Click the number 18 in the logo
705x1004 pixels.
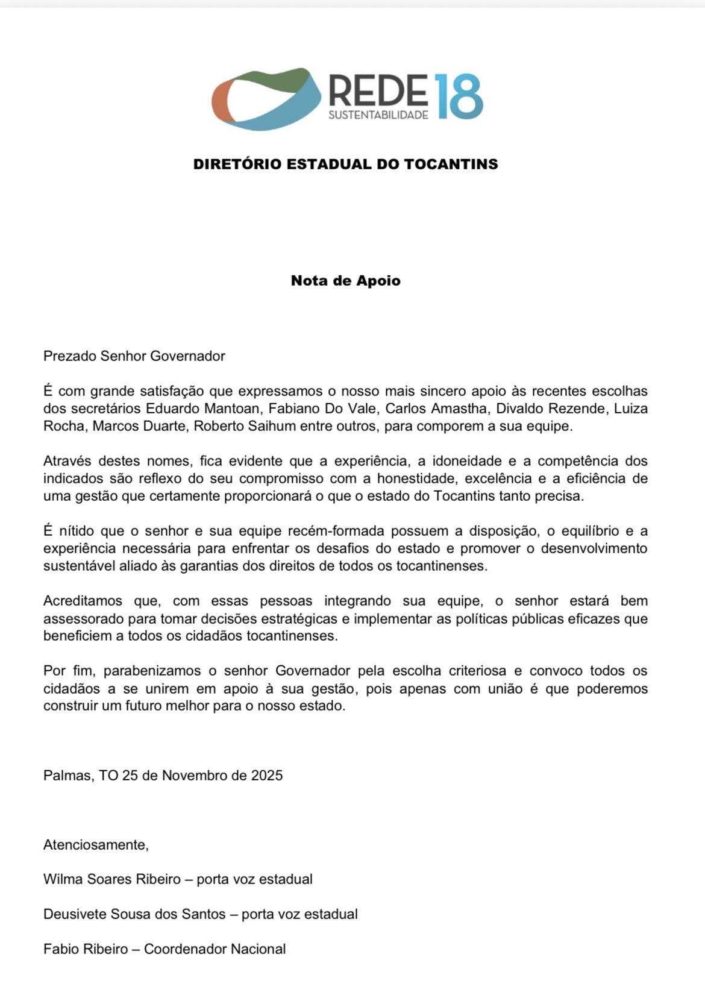pyautogui.click(x=459, y=96)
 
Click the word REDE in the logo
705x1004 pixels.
pyautogui.click(x=378, y=90)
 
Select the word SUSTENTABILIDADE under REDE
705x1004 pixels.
pyautogui.click(x=378, y=115)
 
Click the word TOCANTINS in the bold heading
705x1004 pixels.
pyautogui.click(x=451, y=164)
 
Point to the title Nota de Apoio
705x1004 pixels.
pyautogui.click(x=345, y=280)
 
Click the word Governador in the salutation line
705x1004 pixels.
pyautogui.click(x=187, y=356)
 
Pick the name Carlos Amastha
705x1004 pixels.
pyautogui.click(x=436, y=409)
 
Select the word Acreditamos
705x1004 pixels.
pyautogui.click(x=83, y=601)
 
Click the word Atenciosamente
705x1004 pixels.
pyautogui.click(x=96, y=845)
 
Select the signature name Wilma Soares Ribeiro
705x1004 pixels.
pyautogui.click(x=112, y=879)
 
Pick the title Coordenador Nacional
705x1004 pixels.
pyautogui.click(x=215, y=949)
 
